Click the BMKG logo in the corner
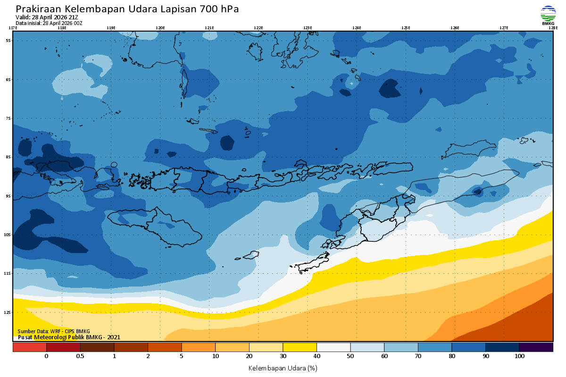click(x=548, y=15)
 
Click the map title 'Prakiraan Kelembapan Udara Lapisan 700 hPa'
click(x=127, y=9)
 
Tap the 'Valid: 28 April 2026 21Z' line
click(x=47, y=17)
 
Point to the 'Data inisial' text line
click(x=50, y=23)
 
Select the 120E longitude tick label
click(x=160, y=28)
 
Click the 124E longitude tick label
click(x=357, y=28)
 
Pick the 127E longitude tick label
click(x=504, y=28)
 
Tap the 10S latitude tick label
click(x=8, y=235)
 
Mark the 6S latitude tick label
click(x=8, y=80)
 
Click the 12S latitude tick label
click(x=8, y=312)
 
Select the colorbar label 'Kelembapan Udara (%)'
click(x=283, y=368)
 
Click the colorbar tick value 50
click(x=350, y=356)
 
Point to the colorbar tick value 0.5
click(x=80, y=356)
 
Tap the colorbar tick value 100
click(x=519, y=356)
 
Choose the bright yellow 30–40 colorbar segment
click(x=300, y=347)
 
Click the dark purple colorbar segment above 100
click(x=536, y=347)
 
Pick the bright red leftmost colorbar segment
click(x=29, y=347)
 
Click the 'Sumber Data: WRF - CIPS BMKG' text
click(x=54, y=332)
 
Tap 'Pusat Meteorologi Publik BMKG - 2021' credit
click(x=69, y=337)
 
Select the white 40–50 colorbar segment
click(x=333, y=347)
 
